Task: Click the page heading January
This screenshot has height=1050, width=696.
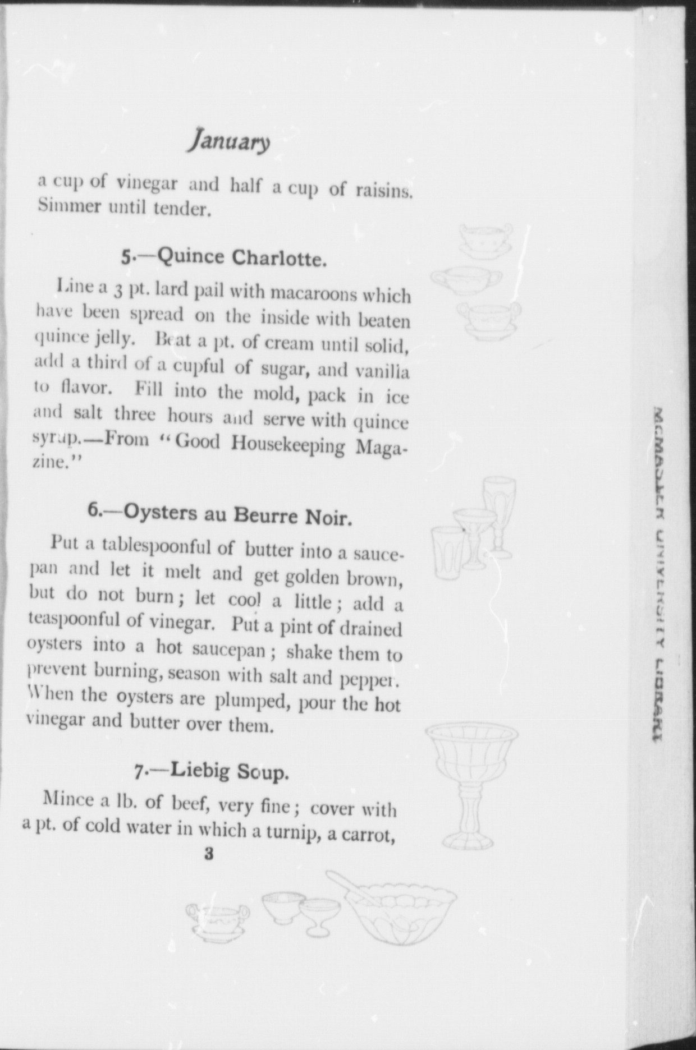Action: pos(229,141)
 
